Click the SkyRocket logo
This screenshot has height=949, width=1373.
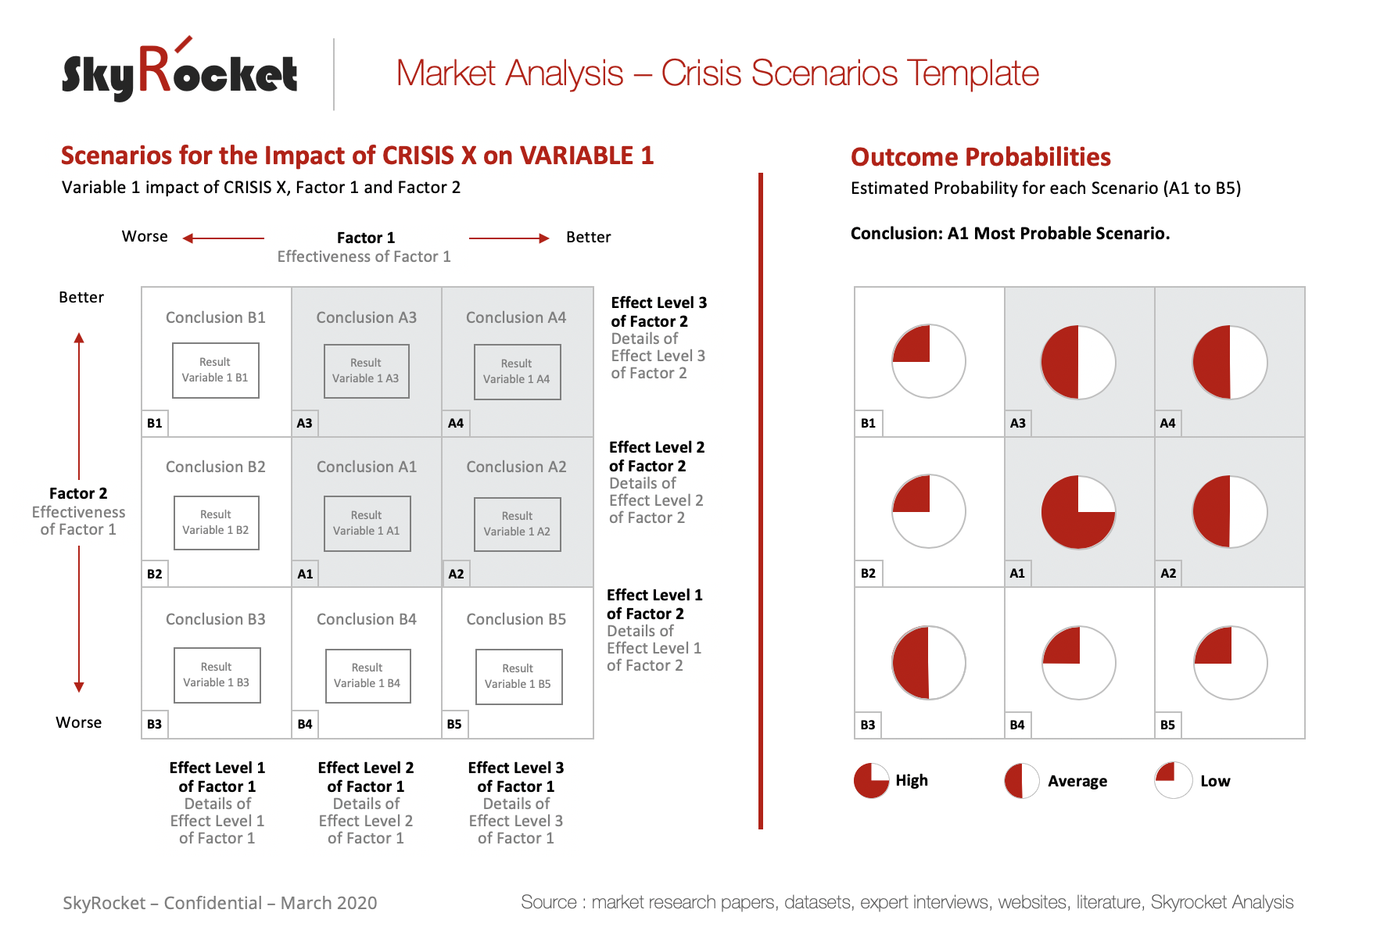click(x=180, y=72)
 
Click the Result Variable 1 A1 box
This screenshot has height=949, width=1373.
click(x=367, y=523)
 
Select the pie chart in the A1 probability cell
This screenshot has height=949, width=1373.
click(x=1078, y=512)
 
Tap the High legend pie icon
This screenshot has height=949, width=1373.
click(x=871, y=780)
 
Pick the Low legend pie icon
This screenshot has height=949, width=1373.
click(x=1173, y=780)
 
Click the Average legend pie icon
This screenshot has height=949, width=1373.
click(x=1021, y=780)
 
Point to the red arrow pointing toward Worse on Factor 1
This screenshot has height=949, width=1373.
click(x=224, y=238)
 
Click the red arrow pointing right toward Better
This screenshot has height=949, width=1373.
click(x=509, y=238)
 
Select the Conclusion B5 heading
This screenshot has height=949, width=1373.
click(x=516, y=619)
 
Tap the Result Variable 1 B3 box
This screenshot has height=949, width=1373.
click(x=217, y=675)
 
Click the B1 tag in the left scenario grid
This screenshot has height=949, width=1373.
click(x=155, y=423)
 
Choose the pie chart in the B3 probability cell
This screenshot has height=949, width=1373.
click(x=929, y=662)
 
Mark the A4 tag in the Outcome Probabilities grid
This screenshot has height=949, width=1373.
click(x=1167, y=423)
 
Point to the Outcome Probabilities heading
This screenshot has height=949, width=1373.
click(x=980, y=157)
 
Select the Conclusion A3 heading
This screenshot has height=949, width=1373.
click(x=366, y=317)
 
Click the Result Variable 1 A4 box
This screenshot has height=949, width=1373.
click(x=517, y=371)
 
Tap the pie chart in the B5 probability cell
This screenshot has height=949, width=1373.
click(x=1230, y=662)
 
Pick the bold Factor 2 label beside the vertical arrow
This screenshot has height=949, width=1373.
click(x=78, y=493)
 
